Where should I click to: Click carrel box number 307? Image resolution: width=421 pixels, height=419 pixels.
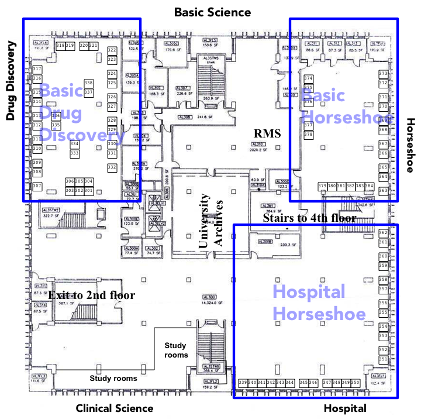point(37,186)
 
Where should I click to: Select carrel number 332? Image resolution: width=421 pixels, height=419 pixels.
point(112,167)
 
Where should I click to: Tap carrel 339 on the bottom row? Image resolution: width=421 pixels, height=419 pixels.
point(243,383)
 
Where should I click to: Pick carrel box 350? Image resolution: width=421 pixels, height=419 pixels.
point(355,383)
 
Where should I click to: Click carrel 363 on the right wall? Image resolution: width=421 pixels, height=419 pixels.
point(384,191)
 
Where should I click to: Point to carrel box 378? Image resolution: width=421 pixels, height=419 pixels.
point(309,135)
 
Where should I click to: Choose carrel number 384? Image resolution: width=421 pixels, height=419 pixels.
point(369,186)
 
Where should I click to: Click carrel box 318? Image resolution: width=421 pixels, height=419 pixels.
point(60,46)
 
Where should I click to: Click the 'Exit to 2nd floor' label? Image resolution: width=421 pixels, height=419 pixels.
point(91,296)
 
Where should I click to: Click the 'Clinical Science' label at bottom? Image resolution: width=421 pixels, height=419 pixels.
point(115,408)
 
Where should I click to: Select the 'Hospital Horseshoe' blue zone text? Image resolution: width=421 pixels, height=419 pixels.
point(319,303)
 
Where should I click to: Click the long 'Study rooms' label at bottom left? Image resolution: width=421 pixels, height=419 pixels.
point(113,378)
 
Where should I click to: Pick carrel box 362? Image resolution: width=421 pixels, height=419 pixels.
point(384,233)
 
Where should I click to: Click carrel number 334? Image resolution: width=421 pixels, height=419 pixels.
point(75,144)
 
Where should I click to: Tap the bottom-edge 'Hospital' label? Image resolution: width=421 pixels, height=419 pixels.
point(345,408)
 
